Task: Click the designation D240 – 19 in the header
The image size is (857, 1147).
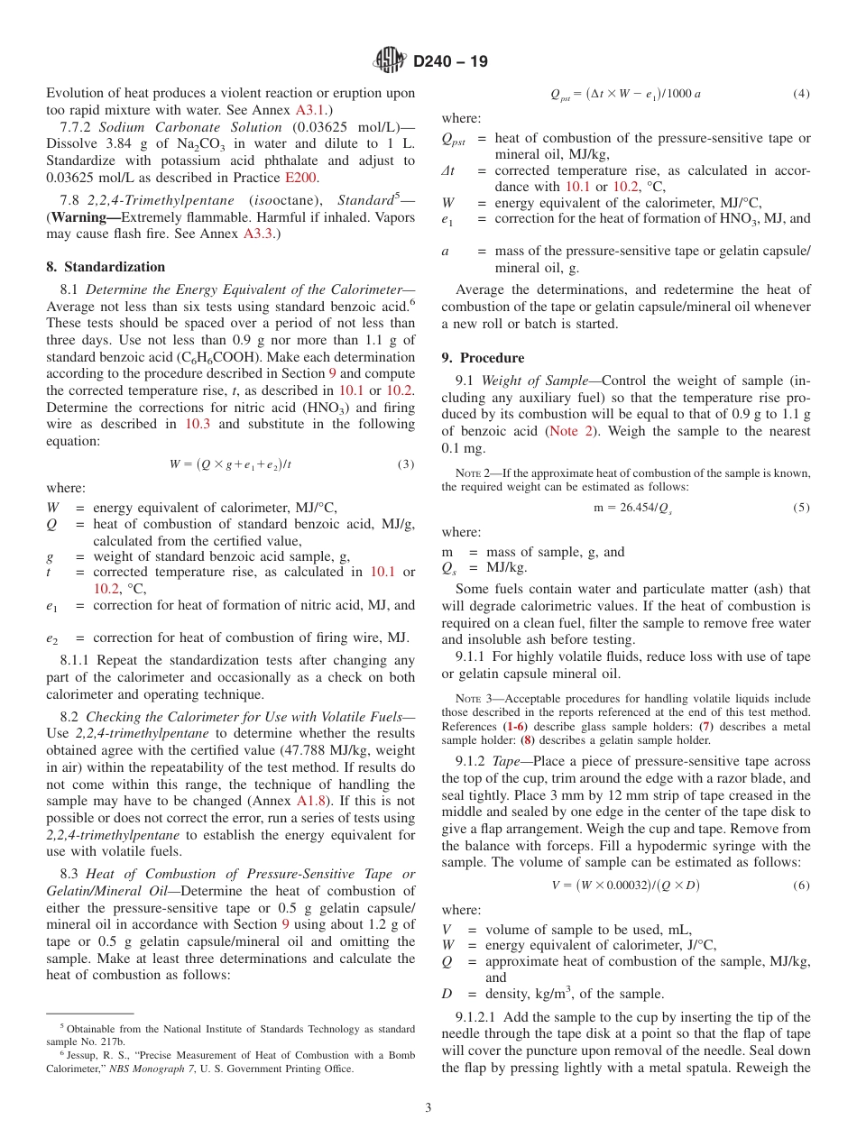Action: (449, 61)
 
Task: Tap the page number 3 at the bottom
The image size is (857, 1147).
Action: (428, 1107)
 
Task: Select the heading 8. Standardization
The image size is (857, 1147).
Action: (106, 267)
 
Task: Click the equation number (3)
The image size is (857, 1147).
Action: (405, 464)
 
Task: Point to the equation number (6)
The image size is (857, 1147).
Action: (801, 885)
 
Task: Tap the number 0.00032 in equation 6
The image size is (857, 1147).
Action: (622, 885)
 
